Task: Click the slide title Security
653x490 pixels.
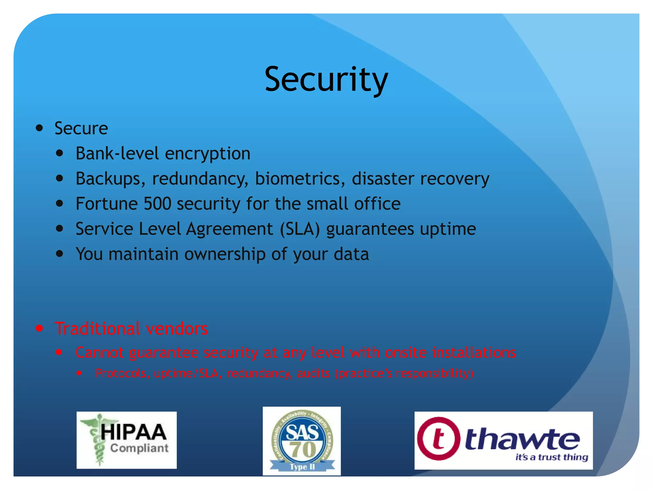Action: [326, 79]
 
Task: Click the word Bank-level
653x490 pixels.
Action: [117, 153]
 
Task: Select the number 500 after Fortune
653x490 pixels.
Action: [158, 204]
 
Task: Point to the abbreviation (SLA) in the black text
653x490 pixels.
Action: [300, 229]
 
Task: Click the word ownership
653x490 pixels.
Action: [225, 254]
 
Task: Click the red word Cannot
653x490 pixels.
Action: [99, 353]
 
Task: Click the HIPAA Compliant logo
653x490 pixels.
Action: [127, 440]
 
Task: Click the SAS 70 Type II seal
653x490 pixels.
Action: [302, 441]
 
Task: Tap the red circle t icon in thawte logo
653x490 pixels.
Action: [439, 439]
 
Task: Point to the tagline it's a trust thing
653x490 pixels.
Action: [552, 457]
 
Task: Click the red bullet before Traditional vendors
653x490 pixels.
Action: [40, 329]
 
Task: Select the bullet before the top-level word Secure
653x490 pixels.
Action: [40, 128]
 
